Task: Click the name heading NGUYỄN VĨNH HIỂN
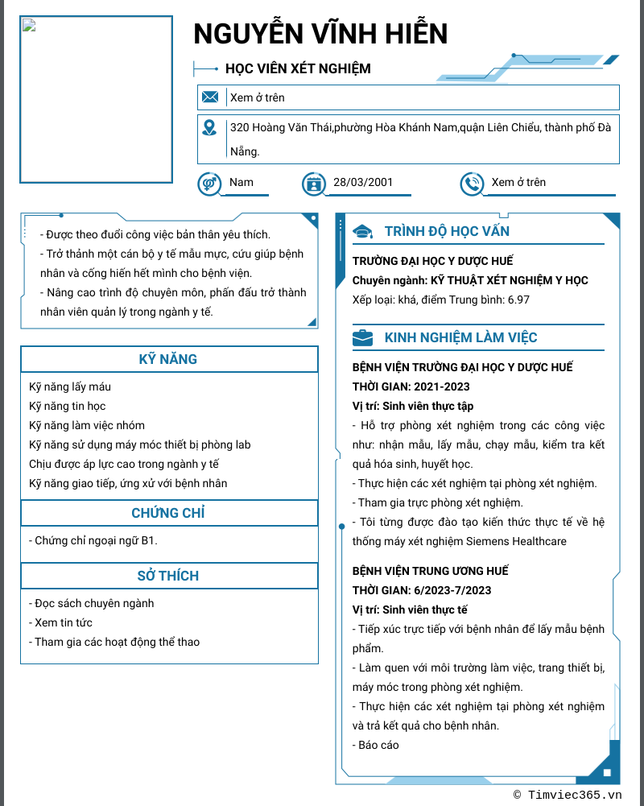tap(320, 34)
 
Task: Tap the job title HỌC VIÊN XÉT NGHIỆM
tap(298, 68)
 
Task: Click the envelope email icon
tap(210, 97)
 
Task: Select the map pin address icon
tap(209, 127)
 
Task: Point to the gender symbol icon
tap(209, 184)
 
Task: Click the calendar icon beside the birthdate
tap(313, 184)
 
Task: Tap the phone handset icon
tap(471, 184)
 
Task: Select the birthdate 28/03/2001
tap(363, 182)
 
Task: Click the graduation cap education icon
tap(363, 232)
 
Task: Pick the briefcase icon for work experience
tap(363, 338)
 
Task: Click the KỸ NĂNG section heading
tap(168, 359)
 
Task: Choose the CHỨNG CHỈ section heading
tap(168, 513)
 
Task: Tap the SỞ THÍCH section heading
tap(168, 576)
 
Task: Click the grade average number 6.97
tap(518, 300)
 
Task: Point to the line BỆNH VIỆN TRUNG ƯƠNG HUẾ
tap(431, 571)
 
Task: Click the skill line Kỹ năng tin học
tap(68, 406)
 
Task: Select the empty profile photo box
tap(97, 100)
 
